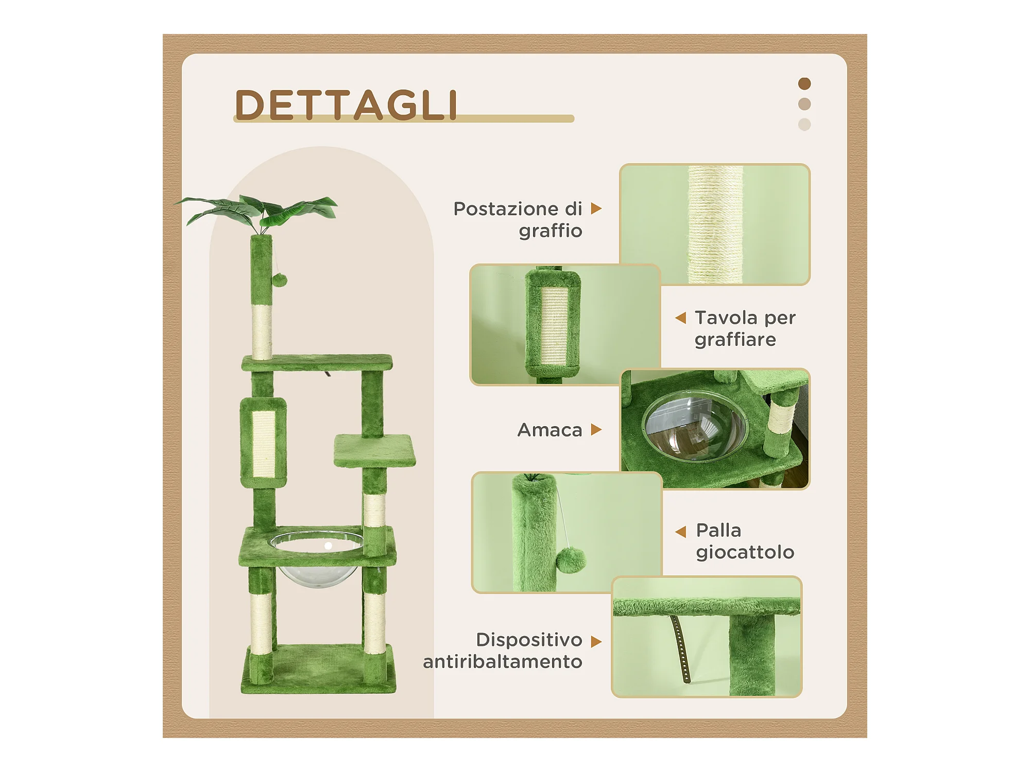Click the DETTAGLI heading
(346, 105)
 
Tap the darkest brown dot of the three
(804, 83)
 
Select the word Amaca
(550, 430)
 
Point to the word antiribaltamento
(502, 661)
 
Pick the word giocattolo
(745, 553)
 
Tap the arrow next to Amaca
(596, 430)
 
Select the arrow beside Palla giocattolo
(681, 532)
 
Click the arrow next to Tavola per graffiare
(681, 318)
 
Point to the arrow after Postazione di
(596, 208)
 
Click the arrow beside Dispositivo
(596, 642)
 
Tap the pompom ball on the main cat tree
(279, 280)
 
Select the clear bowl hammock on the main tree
(317, 558)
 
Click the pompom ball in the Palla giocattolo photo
(571, 560)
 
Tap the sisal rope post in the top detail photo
(715, 224)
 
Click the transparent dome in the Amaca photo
(695, 426)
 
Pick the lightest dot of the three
(804, 125)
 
